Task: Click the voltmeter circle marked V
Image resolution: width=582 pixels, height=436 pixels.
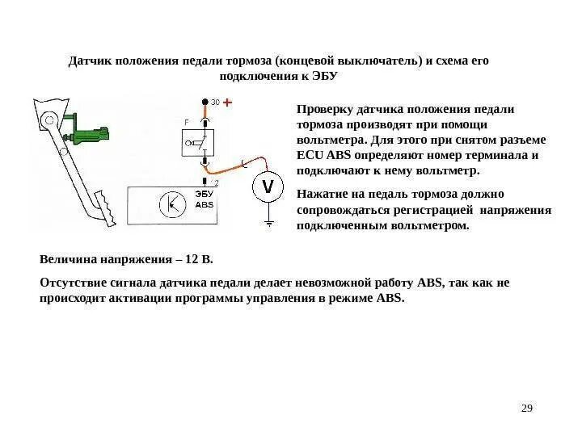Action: point(268,189)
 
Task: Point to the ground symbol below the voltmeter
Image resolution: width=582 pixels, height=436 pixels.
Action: point(268,220)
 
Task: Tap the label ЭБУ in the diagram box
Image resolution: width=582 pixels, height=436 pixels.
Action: point(204,195)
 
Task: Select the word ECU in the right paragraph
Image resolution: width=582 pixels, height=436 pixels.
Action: point(310,156)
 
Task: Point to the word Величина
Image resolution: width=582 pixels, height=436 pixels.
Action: point(69,261)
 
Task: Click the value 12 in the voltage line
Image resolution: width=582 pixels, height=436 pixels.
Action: point(192,261)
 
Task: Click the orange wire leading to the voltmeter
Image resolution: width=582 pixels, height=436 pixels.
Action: point(239,161)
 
